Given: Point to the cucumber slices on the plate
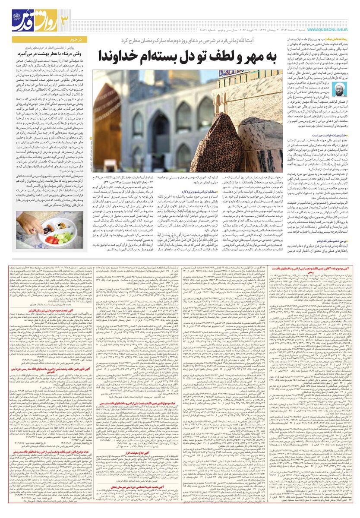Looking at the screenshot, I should [x=63, y=237].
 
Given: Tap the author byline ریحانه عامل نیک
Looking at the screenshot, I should [x=342, y=39].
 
